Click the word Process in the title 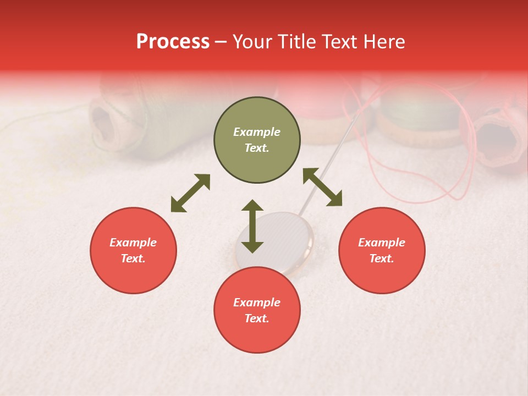pyautogui.click(x=173, y=42)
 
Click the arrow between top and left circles pyautogui.click(x=190, y=193)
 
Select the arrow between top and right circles pyautogui.click(x=322, y=187)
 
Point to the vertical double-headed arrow pyautogui.click(x=252, y=226)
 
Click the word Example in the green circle pyautogui.click(x=257, y=132)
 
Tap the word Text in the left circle pyautogui.click(x=133, y=258)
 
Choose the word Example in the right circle pyautogui.click(x=382, y=243)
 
